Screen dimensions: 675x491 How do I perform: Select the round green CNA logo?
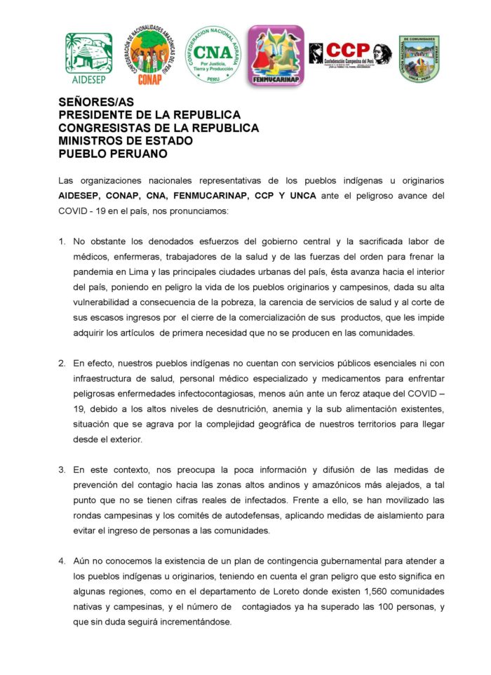(213, 55)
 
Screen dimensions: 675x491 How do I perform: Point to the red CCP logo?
(350, 54)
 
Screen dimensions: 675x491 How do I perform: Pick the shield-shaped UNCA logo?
(419, 58)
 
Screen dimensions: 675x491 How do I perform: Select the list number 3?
(62, 469)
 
